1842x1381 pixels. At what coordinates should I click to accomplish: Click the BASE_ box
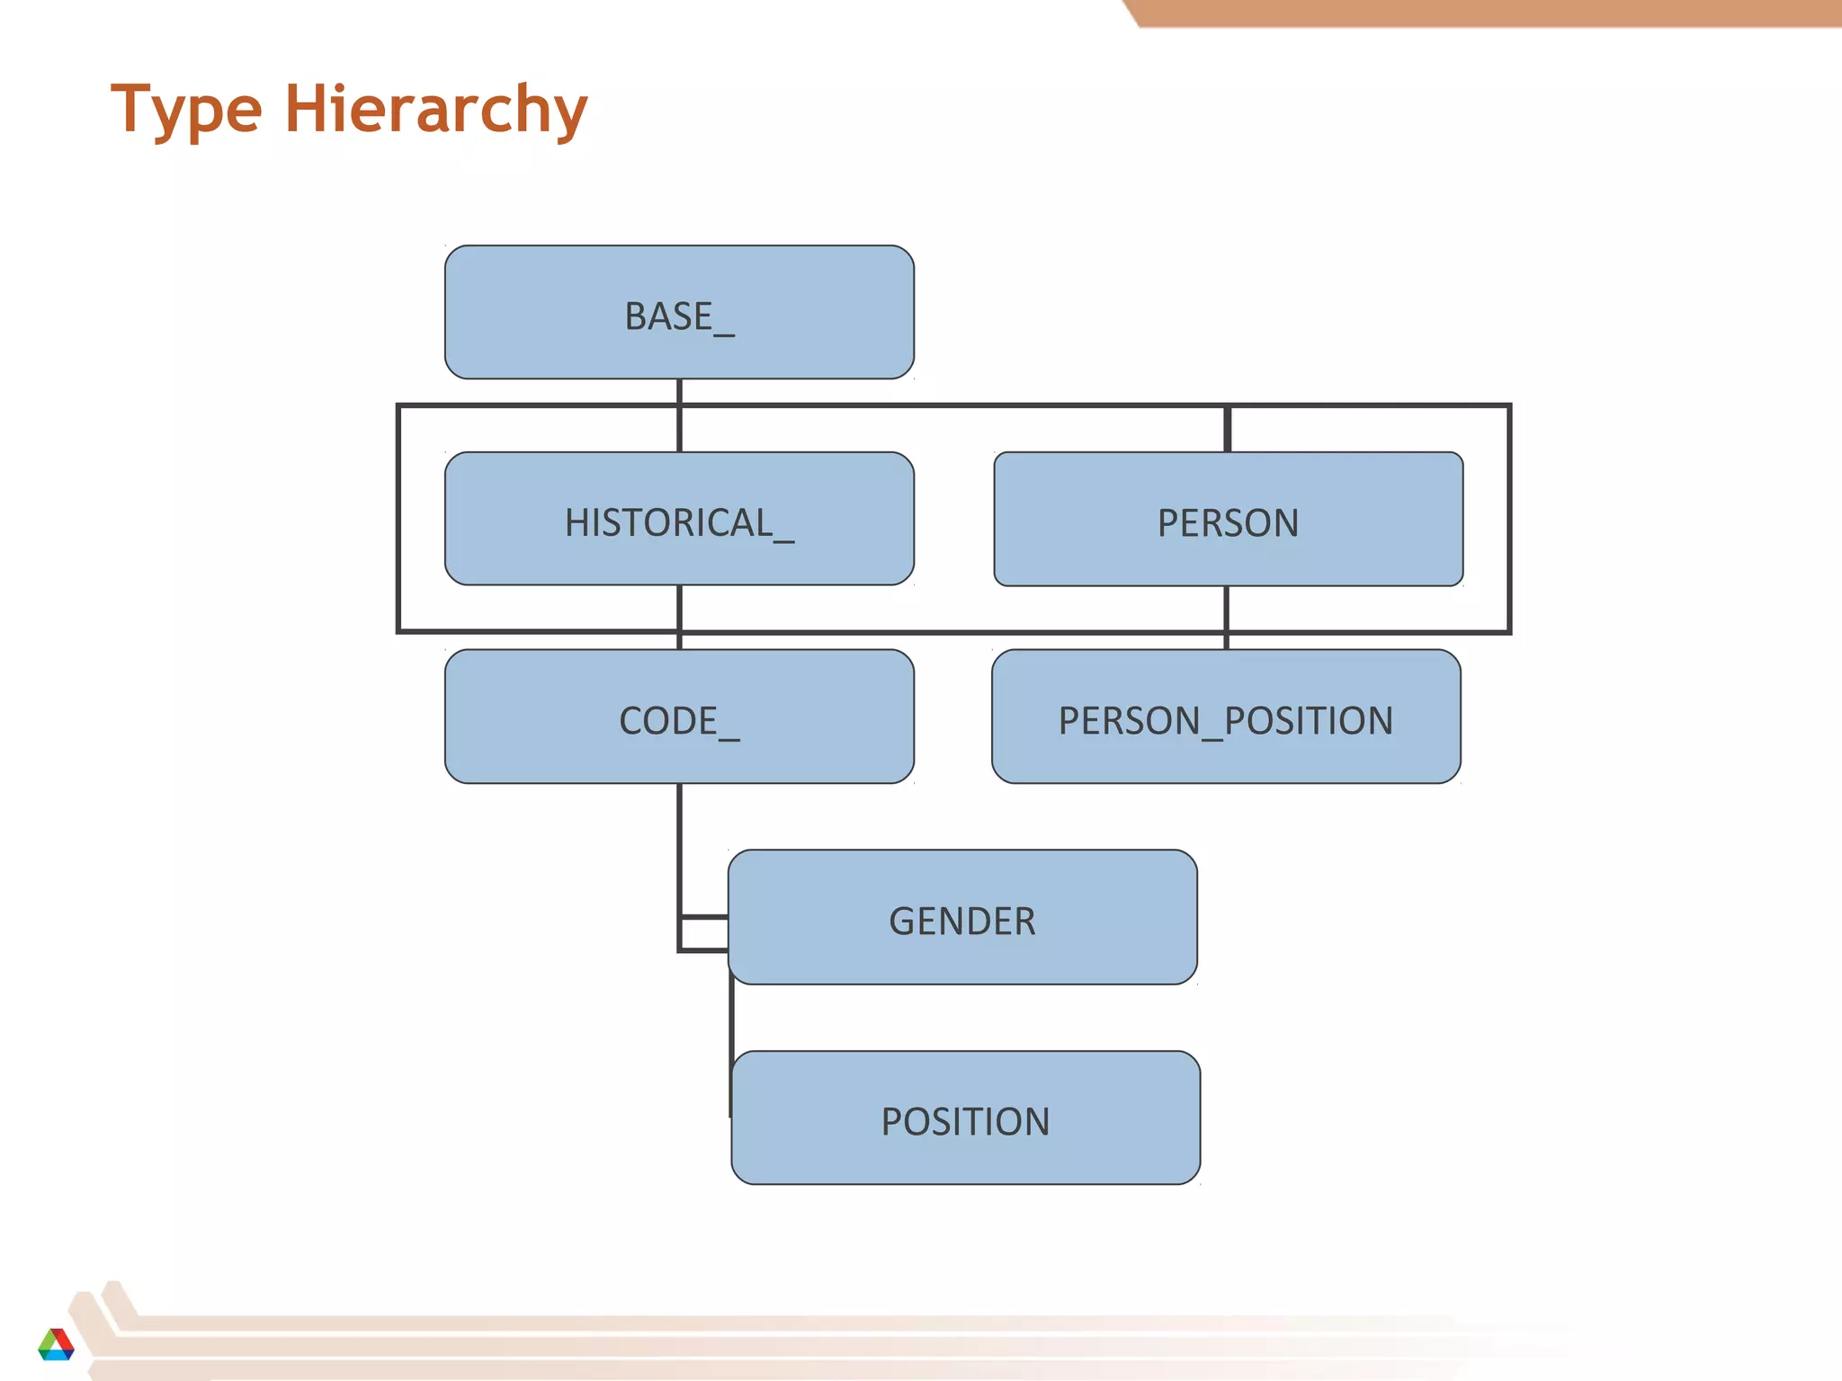[x=679, y=311]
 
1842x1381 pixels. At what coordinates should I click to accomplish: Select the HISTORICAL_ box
[x=679, y=518]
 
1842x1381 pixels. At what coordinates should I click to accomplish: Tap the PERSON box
[x=1228, y=519]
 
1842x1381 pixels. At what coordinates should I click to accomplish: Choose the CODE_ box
[x=679, y=716]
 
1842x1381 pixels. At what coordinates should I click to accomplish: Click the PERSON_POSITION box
[x=1226, y=716]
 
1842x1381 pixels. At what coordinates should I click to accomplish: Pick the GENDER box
[x=962, y=916]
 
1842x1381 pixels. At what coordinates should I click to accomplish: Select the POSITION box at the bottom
[x=965, y=1117]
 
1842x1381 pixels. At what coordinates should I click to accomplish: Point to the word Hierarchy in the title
[x=436, y=110]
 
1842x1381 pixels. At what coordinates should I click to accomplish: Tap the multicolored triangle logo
[x=56, y=1344]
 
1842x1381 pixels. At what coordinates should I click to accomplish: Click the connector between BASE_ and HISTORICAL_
[x=679, y=415]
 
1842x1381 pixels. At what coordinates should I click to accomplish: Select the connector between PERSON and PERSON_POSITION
[x=1226, y=618]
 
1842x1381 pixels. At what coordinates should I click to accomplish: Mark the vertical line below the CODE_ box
[x=679, y=845]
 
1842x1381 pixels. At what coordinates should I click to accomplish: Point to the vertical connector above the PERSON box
[x=1227, y=429]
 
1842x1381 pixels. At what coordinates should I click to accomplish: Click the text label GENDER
[x=962, y=922]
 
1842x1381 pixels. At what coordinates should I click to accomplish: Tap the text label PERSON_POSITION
[x=1226, y=721]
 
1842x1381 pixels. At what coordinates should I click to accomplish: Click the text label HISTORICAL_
[x=679, y=523]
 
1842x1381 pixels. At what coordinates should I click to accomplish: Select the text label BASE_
[x=679, y=316]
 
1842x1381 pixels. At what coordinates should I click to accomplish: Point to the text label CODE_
[x=679, y=721]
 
